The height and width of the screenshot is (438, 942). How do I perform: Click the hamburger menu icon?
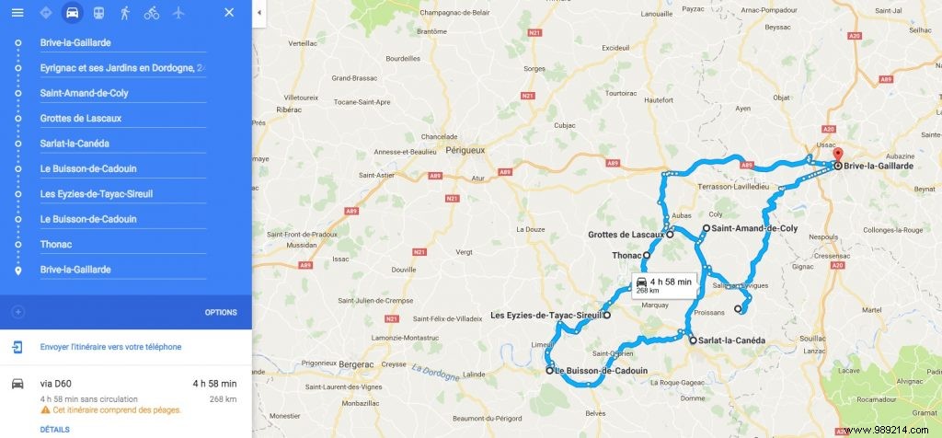point(17,13)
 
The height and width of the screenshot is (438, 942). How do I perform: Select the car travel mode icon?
point(72,13)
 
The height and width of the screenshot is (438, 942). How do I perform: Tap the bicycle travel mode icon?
point(151,13)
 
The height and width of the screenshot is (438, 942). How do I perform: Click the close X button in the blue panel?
point(229,13)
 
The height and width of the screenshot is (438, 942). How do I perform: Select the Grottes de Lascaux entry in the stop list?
point(81,119)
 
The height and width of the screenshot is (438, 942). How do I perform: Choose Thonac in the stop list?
point(56,245)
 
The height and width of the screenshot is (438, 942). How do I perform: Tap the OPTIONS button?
point(221,312)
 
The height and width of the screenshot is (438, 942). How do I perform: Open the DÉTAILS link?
point(55,429)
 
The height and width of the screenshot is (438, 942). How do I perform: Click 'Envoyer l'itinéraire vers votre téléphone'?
point(110,347)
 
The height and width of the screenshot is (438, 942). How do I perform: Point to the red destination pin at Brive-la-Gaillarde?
point(837,155)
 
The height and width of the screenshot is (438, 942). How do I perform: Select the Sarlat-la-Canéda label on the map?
point(732,340)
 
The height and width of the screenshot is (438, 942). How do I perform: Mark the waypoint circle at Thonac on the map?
point(647,255)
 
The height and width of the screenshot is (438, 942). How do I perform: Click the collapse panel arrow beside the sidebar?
point(258,13)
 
